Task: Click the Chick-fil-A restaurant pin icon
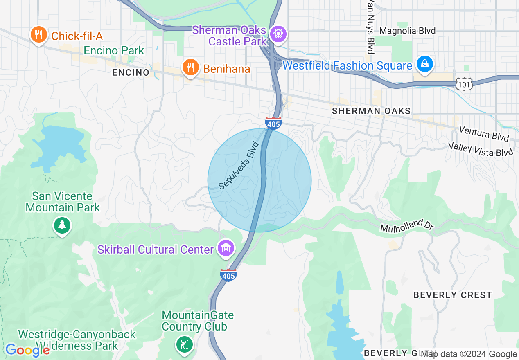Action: [x=38, y=35]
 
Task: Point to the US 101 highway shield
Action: [x=465, y=84]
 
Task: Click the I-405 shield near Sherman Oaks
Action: [x=273, y=123]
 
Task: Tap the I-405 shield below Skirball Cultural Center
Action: [x=228, y=275]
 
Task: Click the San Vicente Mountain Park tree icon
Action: [x=62, y=225]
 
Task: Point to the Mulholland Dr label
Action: [x=406, y=225]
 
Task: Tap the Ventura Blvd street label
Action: [x=484, y=133]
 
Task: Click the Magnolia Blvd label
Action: [x=407, y=31]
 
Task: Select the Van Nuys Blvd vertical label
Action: [x=370, y=27]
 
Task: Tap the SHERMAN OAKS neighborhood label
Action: [x=371, y=111]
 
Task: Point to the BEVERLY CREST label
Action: [x=452, y=295]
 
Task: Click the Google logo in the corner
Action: [x=27, y=350]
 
